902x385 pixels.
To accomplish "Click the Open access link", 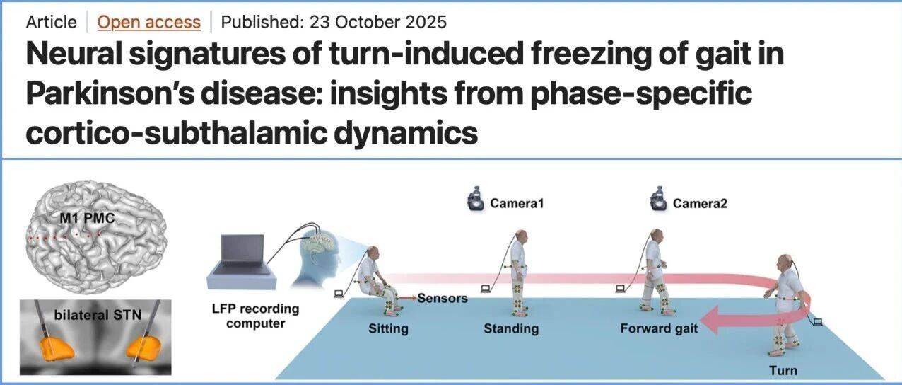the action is (x=149, y=22).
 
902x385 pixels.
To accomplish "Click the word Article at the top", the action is (x=51, y=22).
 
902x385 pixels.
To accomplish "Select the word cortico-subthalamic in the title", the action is (x=176, y=132).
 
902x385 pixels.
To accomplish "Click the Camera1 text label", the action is (x=517, y=203).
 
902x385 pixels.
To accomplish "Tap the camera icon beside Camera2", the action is (x=659, y=199).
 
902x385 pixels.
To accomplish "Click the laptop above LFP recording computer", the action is (x=241, y=262).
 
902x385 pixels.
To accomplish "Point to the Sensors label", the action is (x=443, y=299).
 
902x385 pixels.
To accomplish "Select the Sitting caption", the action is (x=388, y=328).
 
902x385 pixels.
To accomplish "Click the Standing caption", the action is (x=511, y=328).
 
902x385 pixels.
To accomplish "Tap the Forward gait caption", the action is (x=659, y=328).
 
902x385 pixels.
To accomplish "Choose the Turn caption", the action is (x=783, y=370).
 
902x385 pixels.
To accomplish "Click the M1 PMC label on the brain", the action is (x=87, y=219).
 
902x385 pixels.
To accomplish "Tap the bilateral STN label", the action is (x=98, y=315).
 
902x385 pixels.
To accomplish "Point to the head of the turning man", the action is (x=785, y=263).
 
